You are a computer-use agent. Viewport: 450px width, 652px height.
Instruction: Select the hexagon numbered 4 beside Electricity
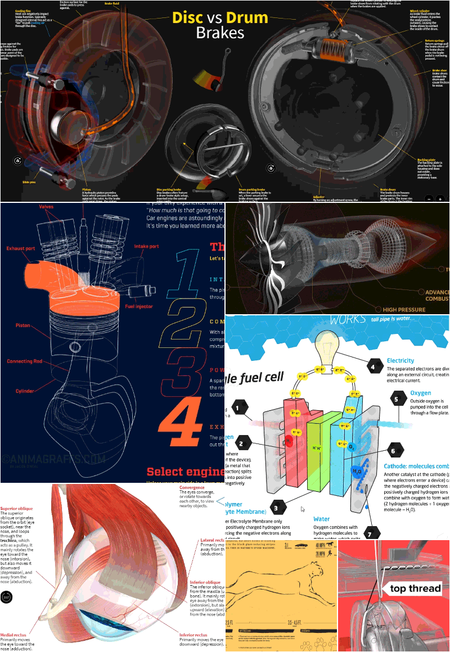[372, 367]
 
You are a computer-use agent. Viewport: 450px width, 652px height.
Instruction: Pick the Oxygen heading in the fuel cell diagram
[421, 393]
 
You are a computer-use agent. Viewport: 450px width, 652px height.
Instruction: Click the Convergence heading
[193, 487]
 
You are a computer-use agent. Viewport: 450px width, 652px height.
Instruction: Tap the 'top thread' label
[412, 588]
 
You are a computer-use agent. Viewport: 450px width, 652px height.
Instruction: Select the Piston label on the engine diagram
[23, 325]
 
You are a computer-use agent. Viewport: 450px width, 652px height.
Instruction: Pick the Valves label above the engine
[46, 207]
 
